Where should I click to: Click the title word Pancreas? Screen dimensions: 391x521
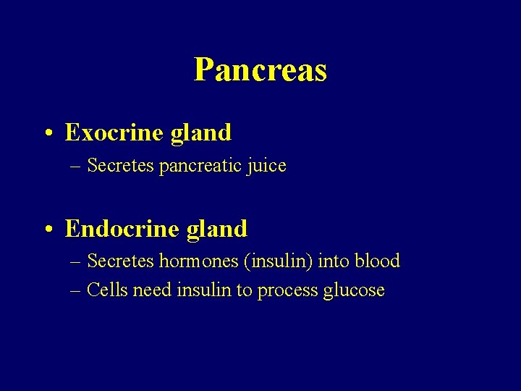coord(260,70)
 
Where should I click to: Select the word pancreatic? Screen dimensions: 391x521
coord(201,166)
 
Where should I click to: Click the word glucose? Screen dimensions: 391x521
coord(354,291)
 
